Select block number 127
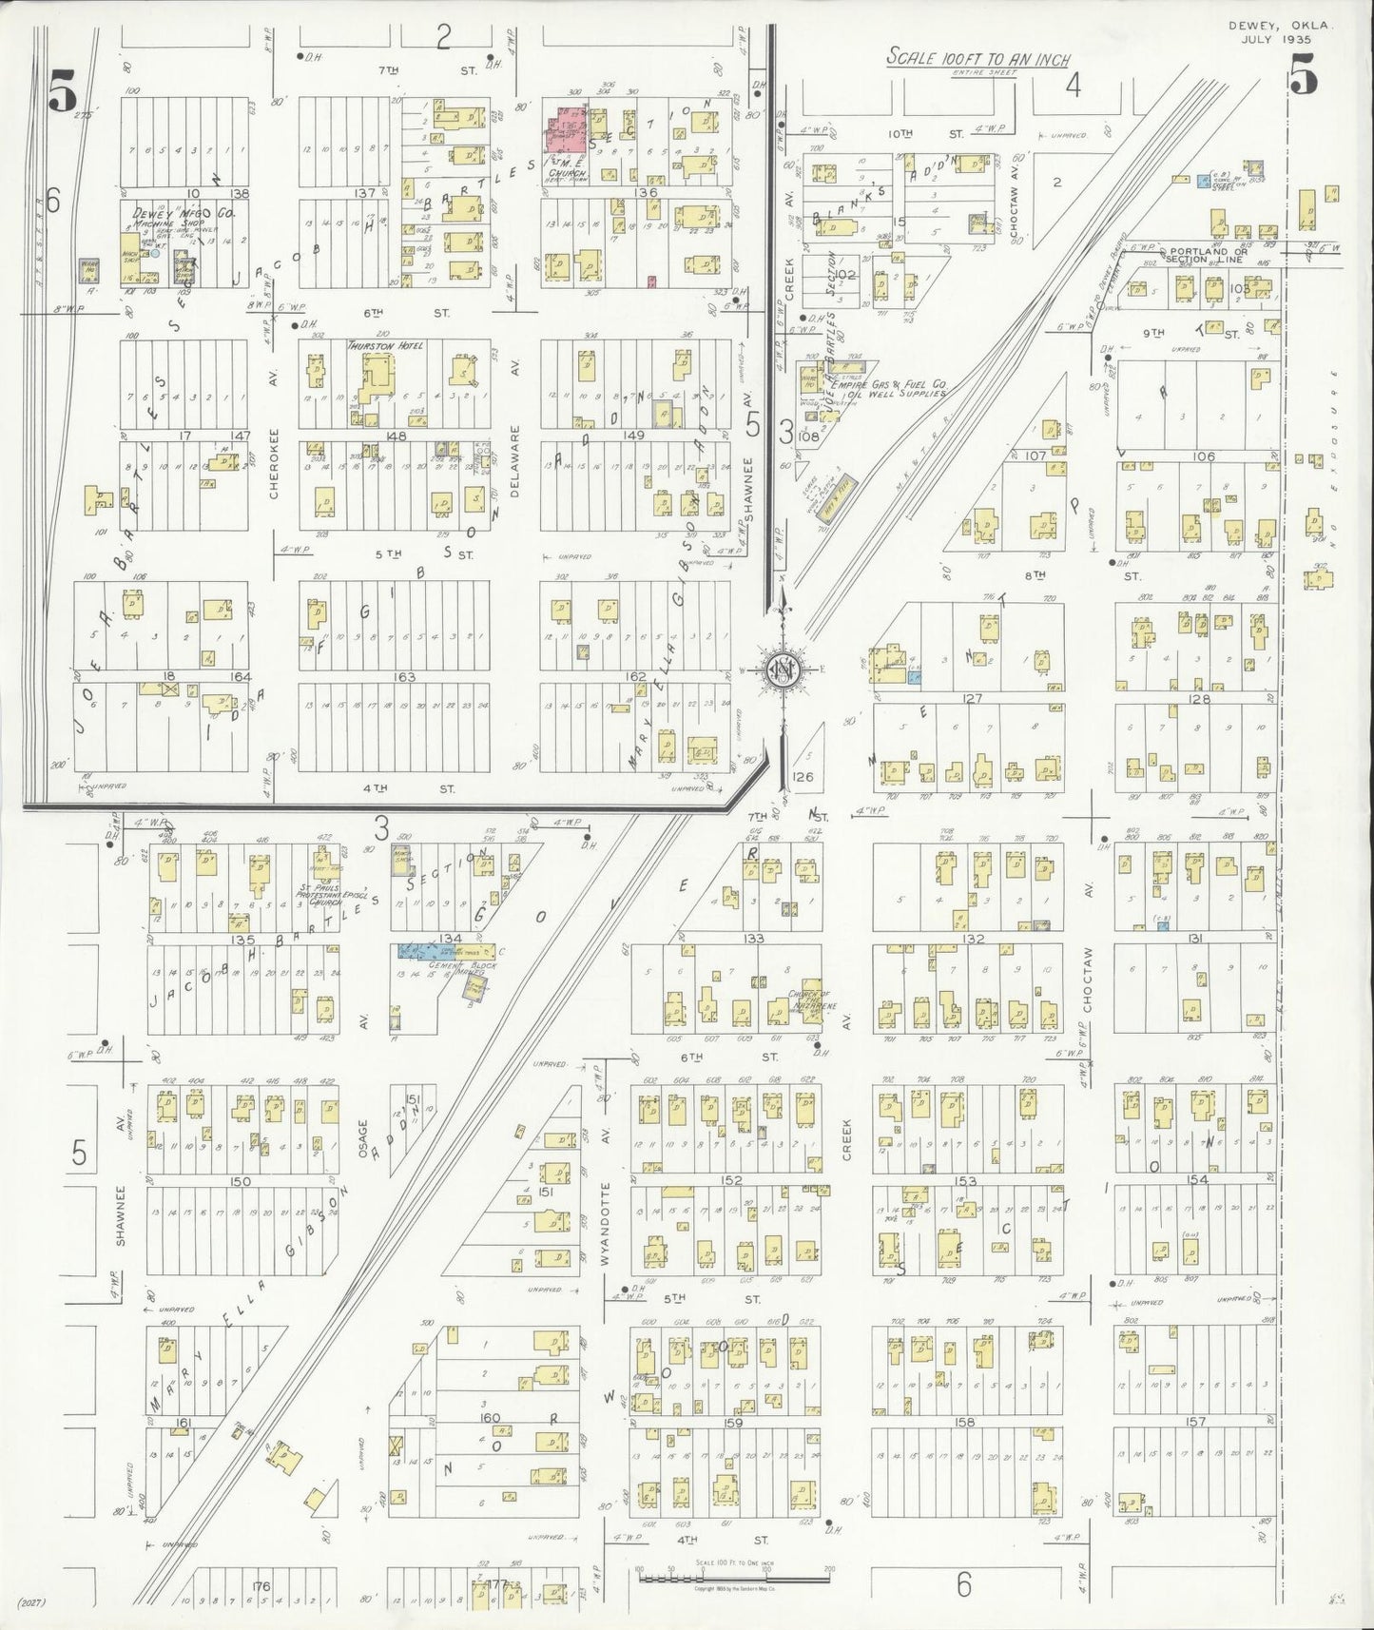pyautogui.click(x=971, y=698)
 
